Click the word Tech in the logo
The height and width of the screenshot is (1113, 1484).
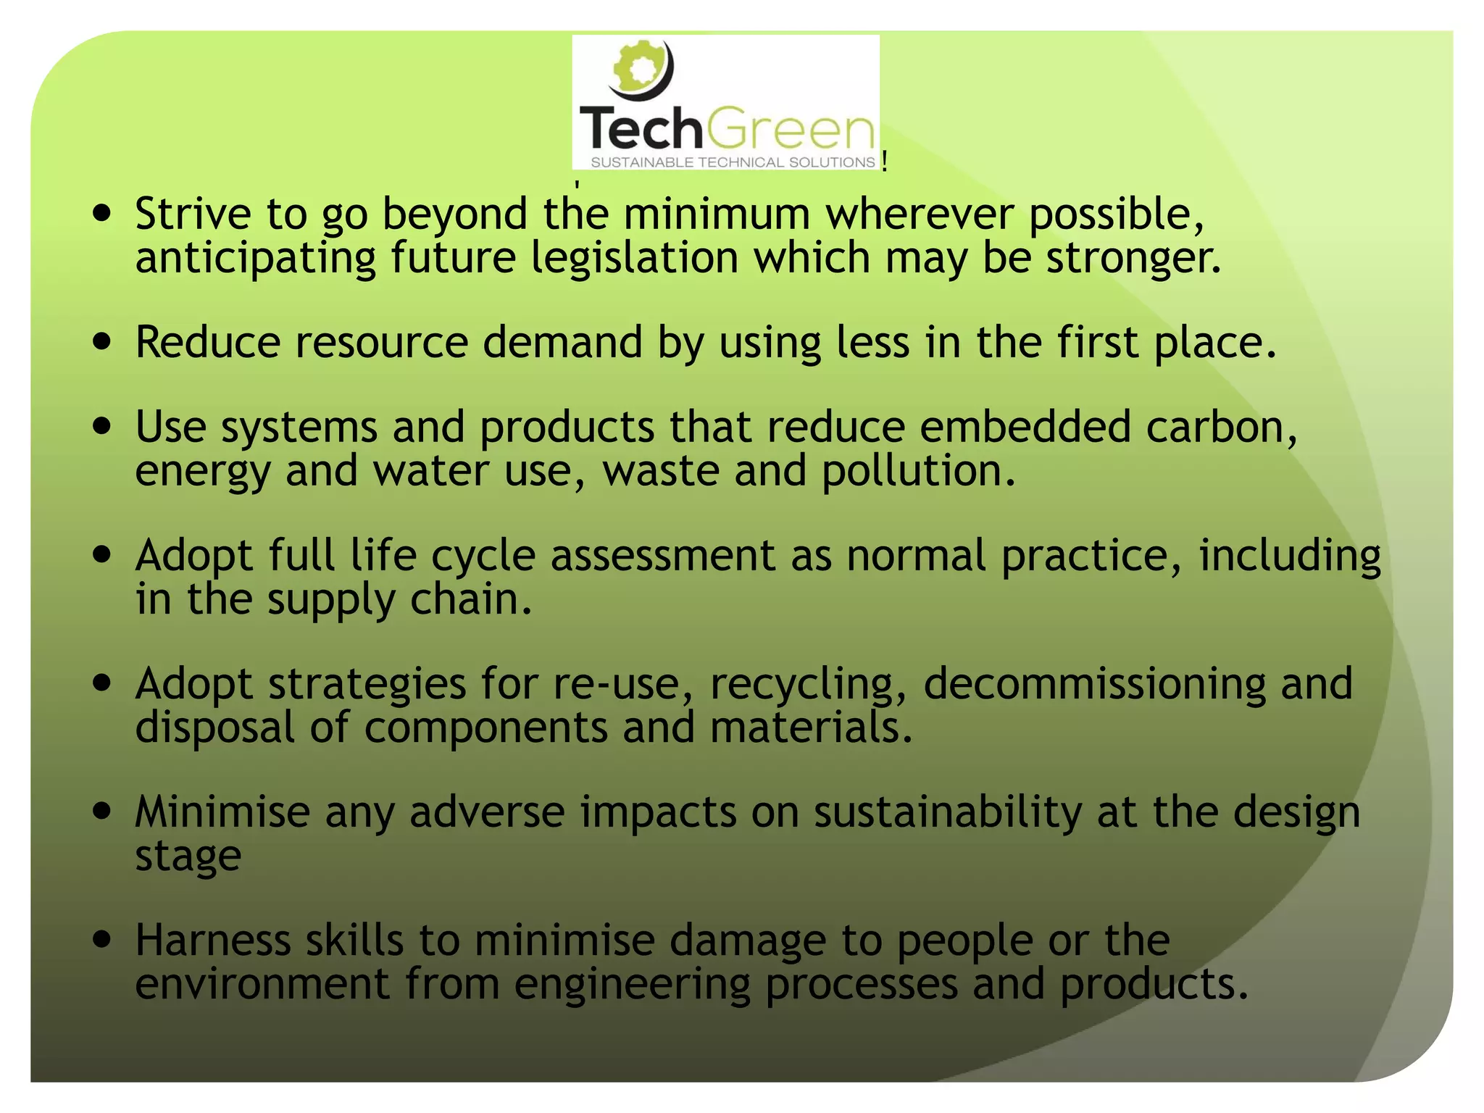click(641, 129)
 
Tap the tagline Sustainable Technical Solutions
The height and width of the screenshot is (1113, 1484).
click(733, 162)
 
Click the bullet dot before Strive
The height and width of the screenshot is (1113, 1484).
click(103, 214)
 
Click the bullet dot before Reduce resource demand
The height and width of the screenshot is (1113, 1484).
click(103, 342)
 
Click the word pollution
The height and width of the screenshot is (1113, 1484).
click(918, 471)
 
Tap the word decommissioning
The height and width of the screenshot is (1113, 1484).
click(1094, 684)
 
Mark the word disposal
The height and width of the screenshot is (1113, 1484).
click(215, 728)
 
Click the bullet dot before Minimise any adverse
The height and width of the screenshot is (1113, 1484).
click(103, 812)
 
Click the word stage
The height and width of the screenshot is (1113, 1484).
click(188, 857)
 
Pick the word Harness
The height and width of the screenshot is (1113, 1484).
click(213, 941)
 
